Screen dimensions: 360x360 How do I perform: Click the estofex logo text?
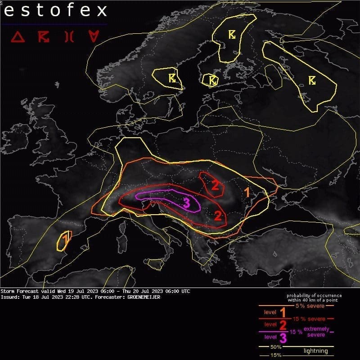click(55, 11)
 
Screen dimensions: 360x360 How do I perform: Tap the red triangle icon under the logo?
click(18, 37)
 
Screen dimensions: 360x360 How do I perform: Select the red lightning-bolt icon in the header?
click(44, 37)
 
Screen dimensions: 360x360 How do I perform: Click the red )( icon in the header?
click(69, 37)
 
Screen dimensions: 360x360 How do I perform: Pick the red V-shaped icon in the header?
click(93, 37)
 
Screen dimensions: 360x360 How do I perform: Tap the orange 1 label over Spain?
click(66, 238)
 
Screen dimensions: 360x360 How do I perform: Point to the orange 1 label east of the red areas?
click(247, 193)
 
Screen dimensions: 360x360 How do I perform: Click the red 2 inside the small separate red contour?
click(215, 185)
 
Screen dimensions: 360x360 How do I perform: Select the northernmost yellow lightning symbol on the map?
click(232, 35)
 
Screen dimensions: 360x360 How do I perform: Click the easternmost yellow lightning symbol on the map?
click(312, 80)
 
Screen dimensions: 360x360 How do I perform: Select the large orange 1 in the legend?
click(283, 312)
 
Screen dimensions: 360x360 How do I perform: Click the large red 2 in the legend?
click(283, 324)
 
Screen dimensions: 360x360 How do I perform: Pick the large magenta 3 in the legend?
click(283, 337)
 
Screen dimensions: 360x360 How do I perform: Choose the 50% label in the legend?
click(276, 347)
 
